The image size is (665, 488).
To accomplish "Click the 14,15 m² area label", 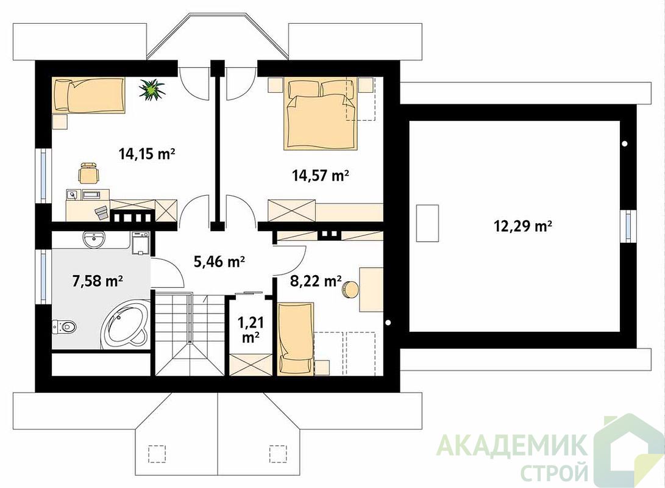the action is click(x=147, y=154).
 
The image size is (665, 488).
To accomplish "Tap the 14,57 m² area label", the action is click(x=321, y=175).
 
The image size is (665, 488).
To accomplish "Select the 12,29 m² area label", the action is click(x=523, y=226).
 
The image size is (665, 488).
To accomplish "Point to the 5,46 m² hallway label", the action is click(x=219, y=262).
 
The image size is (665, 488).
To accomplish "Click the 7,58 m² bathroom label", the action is click(x=98, y=281).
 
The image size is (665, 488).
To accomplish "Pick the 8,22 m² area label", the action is click(x=316, y=281).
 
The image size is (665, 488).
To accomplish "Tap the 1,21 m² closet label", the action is click(x=251, y=330).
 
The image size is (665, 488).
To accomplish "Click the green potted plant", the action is click(x=151, y=90).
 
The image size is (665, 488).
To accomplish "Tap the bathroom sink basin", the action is click(x=94, y=240).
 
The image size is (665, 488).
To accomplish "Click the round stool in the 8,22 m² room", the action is click(x=350, y=290).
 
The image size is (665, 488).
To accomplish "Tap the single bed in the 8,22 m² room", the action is click(x=296, y=339).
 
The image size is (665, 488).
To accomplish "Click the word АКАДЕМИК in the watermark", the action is click(x=513, y=444).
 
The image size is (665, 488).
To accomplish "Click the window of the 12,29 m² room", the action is click(x=628, y=226).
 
